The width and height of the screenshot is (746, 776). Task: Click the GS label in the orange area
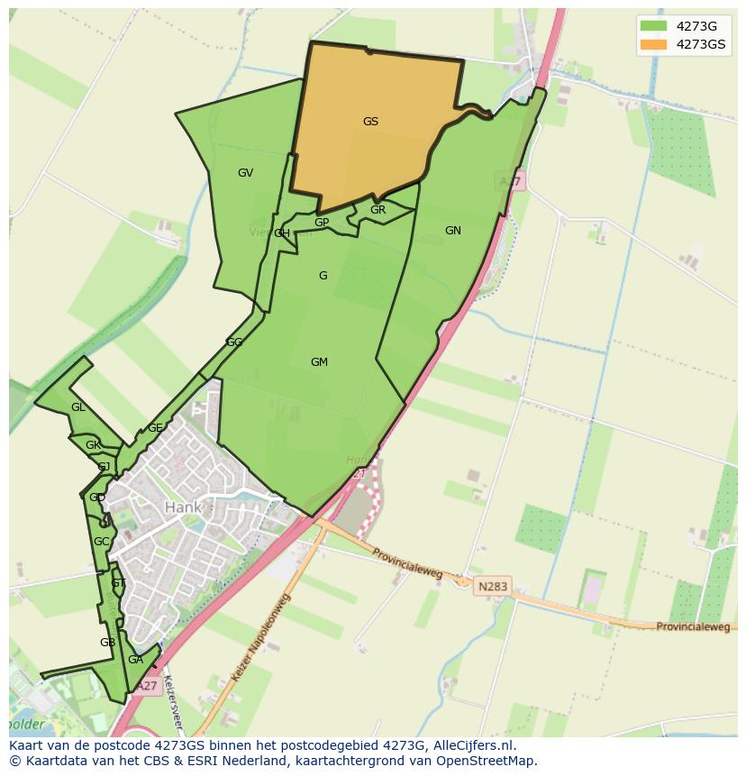[370, 122]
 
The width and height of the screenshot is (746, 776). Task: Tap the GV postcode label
[245, 173]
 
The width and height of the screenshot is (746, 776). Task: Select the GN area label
[452, 231]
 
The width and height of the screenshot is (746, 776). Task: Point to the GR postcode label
[378, 210]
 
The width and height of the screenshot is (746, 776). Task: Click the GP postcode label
[322, 223]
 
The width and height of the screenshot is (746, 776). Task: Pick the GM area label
[319, 362]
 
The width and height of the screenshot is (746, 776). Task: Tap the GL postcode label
[78, 407]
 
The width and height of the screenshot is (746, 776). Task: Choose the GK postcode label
[93, 445]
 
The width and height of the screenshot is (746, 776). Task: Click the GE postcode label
[155, 428]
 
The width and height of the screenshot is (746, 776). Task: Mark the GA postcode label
[135, 660]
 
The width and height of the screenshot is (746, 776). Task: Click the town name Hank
[183, 507]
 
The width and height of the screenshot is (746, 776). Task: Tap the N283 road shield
[493, 587]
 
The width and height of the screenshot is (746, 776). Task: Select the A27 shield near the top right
[511, 182]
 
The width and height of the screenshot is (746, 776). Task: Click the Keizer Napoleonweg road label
[262, 638]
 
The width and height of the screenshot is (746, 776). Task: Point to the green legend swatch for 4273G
[653, 25]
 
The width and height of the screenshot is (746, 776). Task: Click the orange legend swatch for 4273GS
[653, 44]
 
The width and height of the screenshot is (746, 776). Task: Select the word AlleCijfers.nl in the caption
[474, 745]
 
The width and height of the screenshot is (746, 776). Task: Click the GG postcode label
[234, 342]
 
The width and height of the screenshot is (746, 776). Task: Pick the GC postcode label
[101, 542]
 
